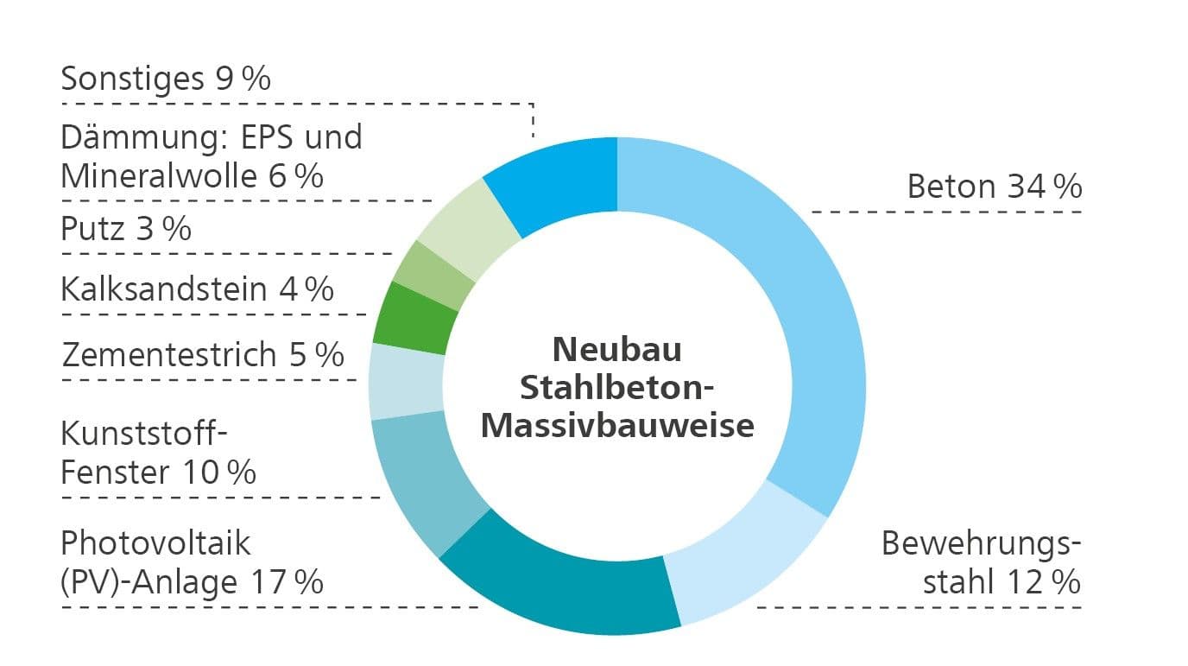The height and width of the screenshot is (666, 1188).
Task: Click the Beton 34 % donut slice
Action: [806, 297]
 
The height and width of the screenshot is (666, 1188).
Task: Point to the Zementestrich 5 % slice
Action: [407, 382]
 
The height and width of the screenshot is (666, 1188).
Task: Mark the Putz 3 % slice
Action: [433, 276]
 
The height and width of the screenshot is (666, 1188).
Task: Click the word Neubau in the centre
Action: [616, 350]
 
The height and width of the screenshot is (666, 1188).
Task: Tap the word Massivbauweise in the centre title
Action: [617, 426]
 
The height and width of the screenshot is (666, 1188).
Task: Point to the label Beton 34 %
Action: [995, 187]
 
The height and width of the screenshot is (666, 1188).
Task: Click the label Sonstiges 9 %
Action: [166, 79]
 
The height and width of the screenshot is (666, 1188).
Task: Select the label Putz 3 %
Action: [126, 229]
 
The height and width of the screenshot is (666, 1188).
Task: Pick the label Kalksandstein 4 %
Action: [198, 289]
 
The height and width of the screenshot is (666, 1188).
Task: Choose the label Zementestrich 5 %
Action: [203, 354]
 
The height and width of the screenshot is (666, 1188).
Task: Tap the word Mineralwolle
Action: [159, 176]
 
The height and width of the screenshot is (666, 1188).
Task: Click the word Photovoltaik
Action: [155, 543]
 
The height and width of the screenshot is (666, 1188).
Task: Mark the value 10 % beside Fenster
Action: [219, 473]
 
